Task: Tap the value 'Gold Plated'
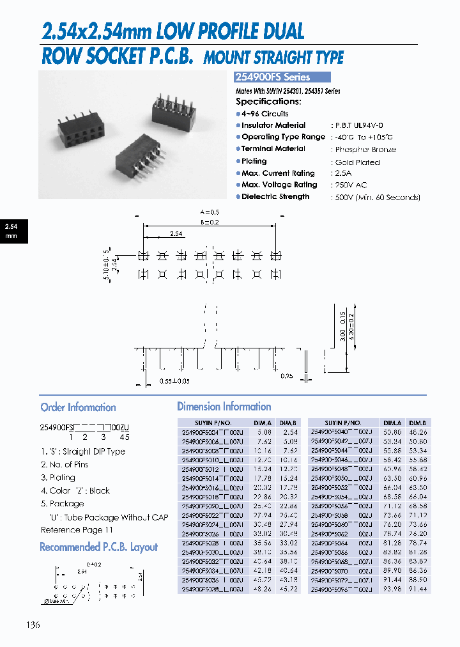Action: coord(357,162)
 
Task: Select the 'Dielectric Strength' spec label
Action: coord(275,197)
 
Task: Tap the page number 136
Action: coord(33,625)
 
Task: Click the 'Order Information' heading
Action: coord(78,407)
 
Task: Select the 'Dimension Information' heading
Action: coord(224,407)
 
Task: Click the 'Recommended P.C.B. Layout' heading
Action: coord(98,547)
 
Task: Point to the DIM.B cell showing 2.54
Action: coord(291,432)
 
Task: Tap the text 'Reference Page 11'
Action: coord(77,530)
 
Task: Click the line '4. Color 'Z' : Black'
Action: coord(75,491)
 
